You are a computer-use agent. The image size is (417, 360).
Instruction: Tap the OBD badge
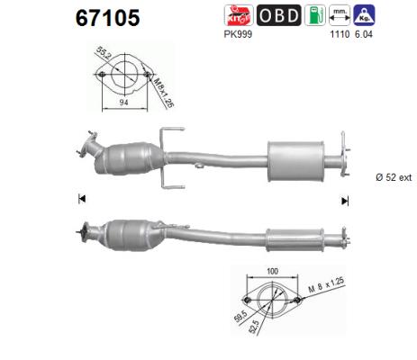point(280,15)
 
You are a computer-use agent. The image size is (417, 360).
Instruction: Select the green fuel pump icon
point(313,15)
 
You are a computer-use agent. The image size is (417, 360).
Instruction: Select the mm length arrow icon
point(340,13)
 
